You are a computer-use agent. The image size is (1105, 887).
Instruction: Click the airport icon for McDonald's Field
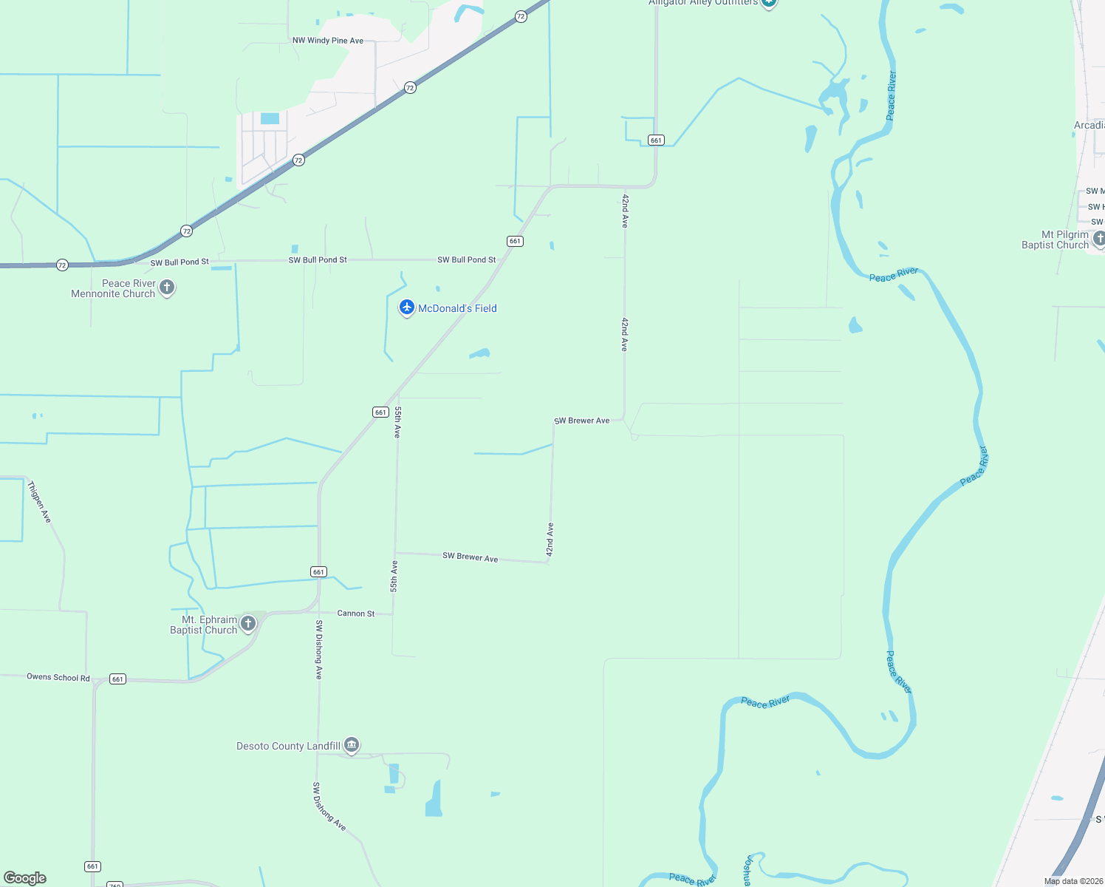pos(406,307)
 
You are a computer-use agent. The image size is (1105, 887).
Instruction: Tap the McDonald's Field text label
pos(457,308)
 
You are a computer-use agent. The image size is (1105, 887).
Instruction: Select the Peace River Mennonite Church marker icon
pos(167,287)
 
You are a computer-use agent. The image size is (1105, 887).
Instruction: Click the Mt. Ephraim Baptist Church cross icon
pos(248,623)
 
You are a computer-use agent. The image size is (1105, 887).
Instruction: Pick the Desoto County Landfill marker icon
pos(352,744)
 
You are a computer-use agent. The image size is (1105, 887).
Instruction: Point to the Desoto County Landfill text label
pos(288,746)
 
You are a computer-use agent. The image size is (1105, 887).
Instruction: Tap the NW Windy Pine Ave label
pos(328,41)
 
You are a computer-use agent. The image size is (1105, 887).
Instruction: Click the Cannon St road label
pos(356,614)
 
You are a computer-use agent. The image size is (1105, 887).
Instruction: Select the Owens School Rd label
pos(58,677)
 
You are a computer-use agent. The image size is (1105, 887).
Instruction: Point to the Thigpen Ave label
pos(39,502)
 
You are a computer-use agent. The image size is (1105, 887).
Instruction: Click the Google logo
pos(25,878)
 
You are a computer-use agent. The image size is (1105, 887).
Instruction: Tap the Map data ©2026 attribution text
pos(1073,881)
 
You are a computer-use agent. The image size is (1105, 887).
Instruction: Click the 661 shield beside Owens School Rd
pos(117,679)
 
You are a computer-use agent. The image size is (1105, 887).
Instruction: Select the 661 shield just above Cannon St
pos(318,571)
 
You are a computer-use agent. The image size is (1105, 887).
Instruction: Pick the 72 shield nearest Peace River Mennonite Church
pos(62,265)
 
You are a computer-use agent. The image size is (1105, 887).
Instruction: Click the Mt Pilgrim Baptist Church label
pos(1055,239)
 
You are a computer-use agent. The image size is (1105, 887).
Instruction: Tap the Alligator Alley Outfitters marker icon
pos(769,3)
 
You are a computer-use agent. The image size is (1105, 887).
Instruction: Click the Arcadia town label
pos(1089,125)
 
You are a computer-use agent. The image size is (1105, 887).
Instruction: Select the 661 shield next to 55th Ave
pos(380,412)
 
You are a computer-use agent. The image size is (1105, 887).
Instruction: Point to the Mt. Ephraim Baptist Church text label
pos(204,625)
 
